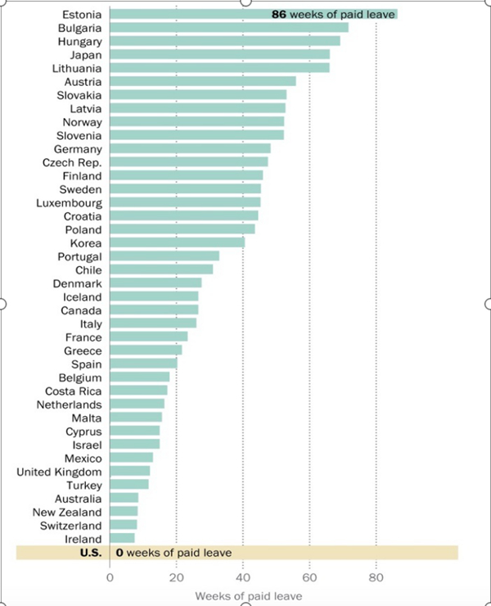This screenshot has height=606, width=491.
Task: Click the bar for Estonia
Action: tap(188, 14)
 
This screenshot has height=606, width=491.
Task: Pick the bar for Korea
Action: tap(177, 243)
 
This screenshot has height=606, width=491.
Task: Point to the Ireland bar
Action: tap(122, 539)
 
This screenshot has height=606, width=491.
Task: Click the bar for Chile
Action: tap(160, 269)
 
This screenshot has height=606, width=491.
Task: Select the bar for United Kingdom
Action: tap(129, 472)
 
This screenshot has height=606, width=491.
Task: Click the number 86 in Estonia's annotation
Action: tap(279, 15)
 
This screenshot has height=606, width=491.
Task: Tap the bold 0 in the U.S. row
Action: tap(119, 553)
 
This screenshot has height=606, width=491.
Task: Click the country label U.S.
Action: tap(89, 553)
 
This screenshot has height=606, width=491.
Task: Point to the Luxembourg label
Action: tap(69, 202)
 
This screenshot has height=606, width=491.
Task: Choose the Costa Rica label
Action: tap(73, 391)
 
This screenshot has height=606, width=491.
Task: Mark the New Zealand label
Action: tap(68, 512)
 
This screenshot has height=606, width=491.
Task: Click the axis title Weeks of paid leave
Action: tap(248, 595)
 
